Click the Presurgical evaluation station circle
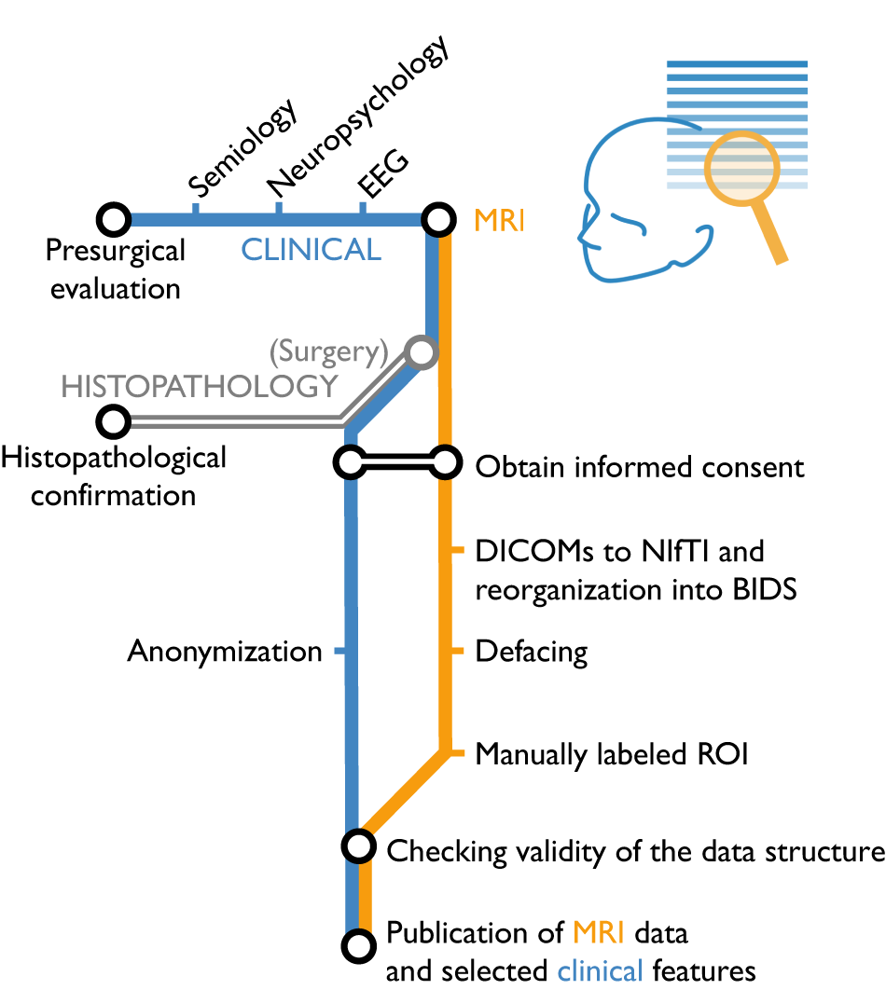114,220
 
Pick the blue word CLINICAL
311,250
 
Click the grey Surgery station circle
421,352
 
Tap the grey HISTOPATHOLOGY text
199,386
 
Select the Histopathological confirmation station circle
114,421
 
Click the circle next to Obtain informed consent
445,461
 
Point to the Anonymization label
225,652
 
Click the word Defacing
532,652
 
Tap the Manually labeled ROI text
612,753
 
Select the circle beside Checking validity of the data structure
357,846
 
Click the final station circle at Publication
355,945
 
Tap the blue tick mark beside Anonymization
341,651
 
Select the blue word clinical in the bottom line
601,970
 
